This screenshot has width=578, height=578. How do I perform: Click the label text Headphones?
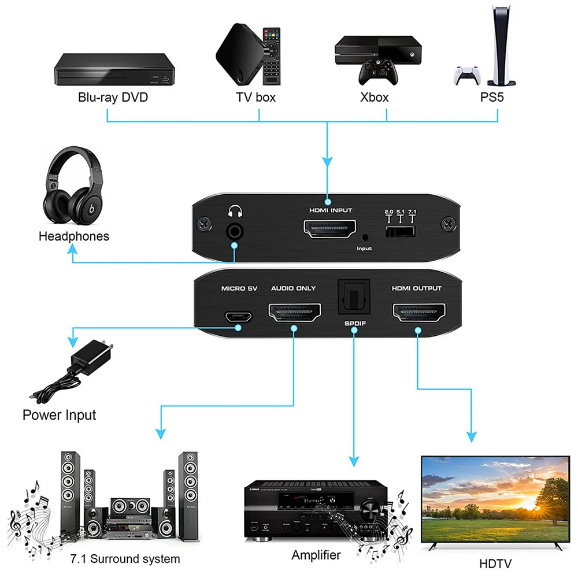[x=73, y=236]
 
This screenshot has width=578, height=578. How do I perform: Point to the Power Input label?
[x=59, y=415]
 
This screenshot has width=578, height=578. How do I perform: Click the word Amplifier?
[x=316, y=555]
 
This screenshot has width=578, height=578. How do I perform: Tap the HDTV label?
[x=495, y=563]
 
